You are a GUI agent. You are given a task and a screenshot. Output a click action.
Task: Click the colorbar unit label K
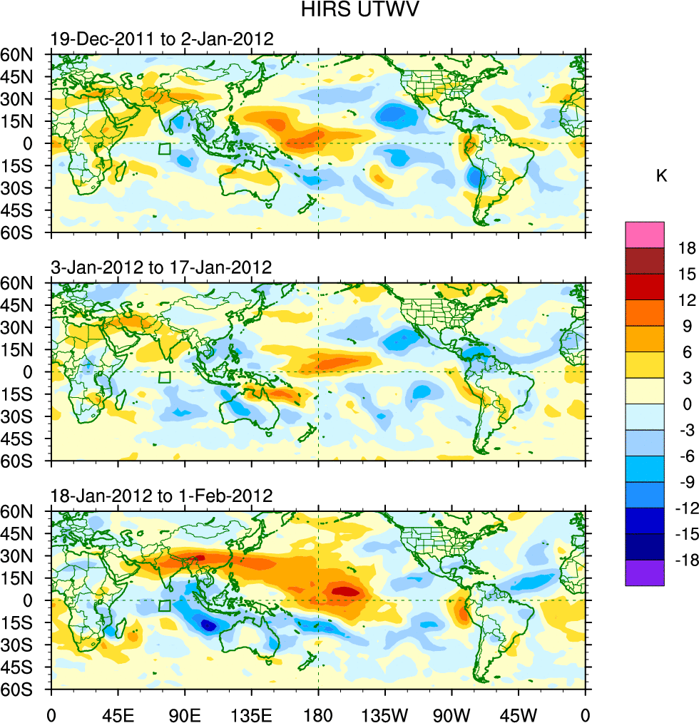pyautogui.click(x=662, y=176)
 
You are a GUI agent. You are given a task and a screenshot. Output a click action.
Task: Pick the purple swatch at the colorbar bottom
pyautogui.click(x=645, y=573)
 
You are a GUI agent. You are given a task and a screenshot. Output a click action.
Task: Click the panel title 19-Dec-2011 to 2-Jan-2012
pyautogui.click(x=161, y=39)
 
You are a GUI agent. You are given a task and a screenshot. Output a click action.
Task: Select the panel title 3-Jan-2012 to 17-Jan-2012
pyautogui.click(x=161, y=267)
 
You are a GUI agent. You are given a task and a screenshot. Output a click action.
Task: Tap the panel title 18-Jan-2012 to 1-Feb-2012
pyautogui.click(x=161, y=496)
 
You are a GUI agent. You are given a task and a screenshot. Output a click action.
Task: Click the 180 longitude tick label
pyautogui.click(x=318, y=713)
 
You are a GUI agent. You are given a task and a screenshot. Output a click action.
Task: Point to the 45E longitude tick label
pyautogui.click(x=117, y=713)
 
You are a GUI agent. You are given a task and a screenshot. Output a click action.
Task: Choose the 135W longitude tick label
pyautogui.click(x=384, y=713)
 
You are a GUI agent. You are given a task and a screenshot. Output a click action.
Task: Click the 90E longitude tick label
pyautogui.click(x=184, y=713)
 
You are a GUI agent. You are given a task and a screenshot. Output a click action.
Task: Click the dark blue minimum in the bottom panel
pyautogui.click(x=208, y=625)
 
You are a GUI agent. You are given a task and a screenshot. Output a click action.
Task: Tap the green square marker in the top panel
pyautogui.click(x=165, y=149)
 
